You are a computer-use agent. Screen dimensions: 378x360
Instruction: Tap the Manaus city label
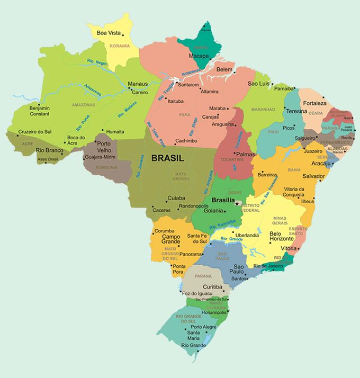(x=138, y=84)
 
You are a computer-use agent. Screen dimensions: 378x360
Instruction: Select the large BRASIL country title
(x=167, y=158)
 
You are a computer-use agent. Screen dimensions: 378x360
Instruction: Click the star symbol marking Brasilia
(x=237, y=203)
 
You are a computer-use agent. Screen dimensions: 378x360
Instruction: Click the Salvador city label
(x=313, y=176)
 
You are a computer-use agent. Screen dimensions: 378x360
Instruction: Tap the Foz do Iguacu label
(x=197, y=293)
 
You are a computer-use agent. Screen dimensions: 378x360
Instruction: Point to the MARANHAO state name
(x=263, y=110)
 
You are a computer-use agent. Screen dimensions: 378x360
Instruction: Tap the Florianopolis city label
(x=210, y=313)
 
